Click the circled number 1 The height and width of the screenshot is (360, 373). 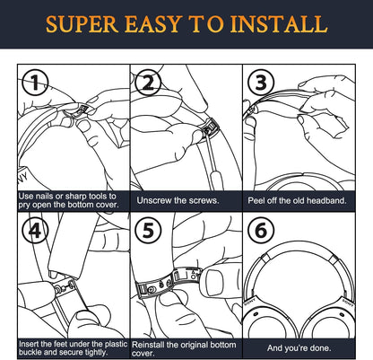[x=36, y=83]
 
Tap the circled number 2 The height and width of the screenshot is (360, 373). [x=148, y=83]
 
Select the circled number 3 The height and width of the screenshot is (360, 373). [x=261, y=83]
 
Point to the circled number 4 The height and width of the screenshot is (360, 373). [x=36, y=231]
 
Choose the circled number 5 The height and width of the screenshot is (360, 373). [x=148, y=231]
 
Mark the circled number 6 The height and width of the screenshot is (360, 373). [x=261, y=231]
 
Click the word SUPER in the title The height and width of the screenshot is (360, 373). [x=82, y=24]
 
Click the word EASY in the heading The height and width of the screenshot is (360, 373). [x=153, y=24]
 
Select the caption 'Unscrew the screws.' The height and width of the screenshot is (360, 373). [x=178, y=200]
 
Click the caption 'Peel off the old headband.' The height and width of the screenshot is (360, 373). [x=297, y=200]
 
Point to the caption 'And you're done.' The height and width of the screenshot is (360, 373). [x=299, y=348]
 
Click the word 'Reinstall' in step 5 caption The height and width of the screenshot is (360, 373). [x=148, y=345]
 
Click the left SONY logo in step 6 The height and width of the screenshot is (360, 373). [x=250, y=302]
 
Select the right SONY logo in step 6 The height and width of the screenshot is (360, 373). [x=348, y=303]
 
